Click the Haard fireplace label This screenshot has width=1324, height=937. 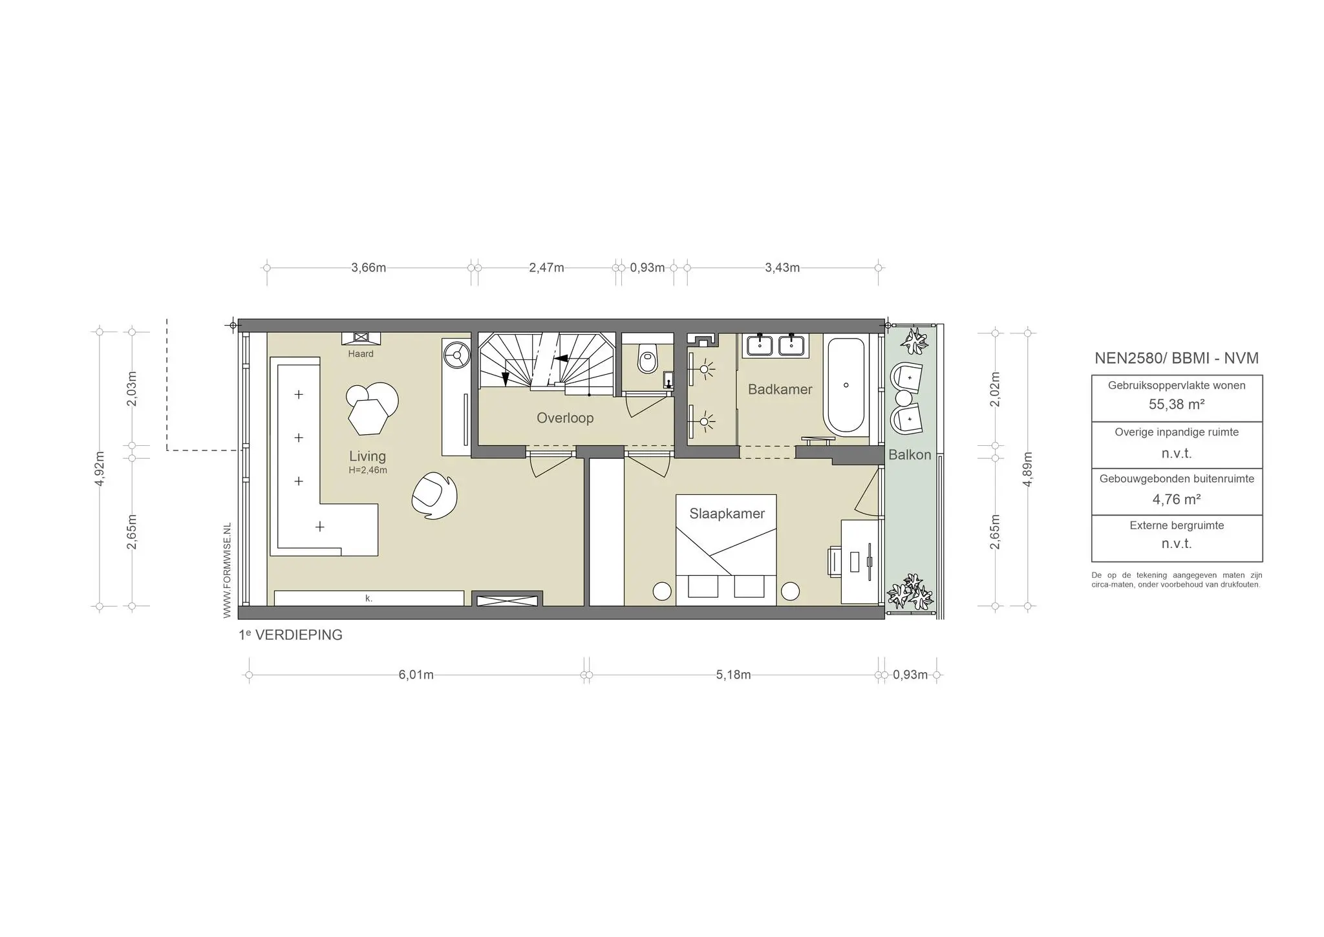tap(361, 353)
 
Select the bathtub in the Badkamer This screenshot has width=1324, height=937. tap(846, 386)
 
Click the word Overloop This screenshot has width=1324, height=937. tap(565, 418)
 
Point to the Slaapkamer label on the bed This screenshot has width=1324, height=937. tap(727, 514)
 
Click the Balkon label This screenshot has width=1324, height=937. tap(910, 455)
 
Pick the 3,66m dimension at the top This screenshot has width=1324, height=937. tap(368, 268)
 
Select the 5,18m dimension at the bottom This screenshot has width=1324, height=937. tap(733, 675)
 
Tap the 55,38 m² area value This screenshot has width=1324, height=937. tap(1177, 405)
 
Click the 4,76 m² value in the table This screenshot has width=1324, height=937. tap(1177, 499)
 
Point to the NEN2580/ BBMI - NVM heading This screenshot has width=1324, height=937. tap(1177, 359)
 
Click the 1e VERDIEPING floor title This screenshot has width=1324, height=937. tap(290, 635)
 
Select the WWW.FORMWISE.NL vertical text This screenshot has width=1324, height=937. tap(227, 571)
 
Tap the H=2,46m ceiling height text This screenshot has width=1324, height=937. tap(367, 470)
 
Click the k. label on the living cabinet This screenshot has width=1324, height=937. tap(368, 598)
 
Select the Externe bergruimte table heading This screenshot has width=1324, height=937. tap(1177, 525)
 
